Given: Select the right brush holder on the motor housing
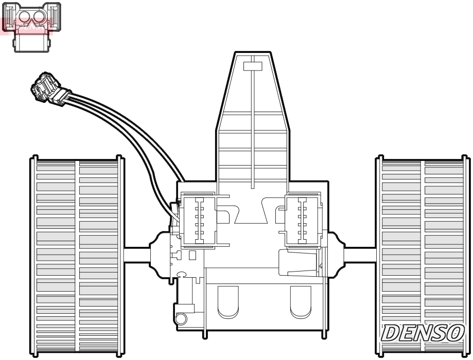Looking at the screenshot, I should pos(300,219).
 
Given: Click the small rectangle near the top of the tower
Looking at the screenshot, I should pos(253,66).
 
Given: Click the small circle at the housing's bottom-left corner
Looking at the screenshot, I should pos(181,319).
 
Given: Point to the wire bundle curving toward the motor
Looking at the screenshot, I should pos(129,129).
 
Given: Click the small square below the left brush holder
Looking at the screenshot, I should pos(192,255).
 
